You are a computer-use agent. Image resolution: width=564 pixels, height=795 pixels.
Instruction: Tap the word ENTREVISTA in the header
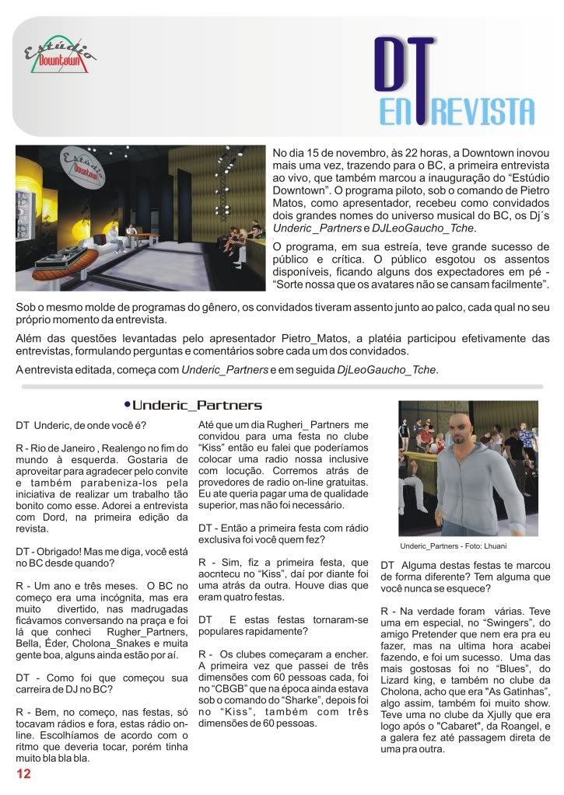(x=457, y=110)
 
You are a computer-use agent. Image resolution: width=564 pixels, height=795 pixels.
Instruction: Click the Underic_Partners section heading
(x=197, y=406)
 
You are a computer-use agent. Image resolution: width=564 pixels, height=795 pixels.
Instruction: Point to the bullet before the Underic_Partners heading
(x=127, y=405)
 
